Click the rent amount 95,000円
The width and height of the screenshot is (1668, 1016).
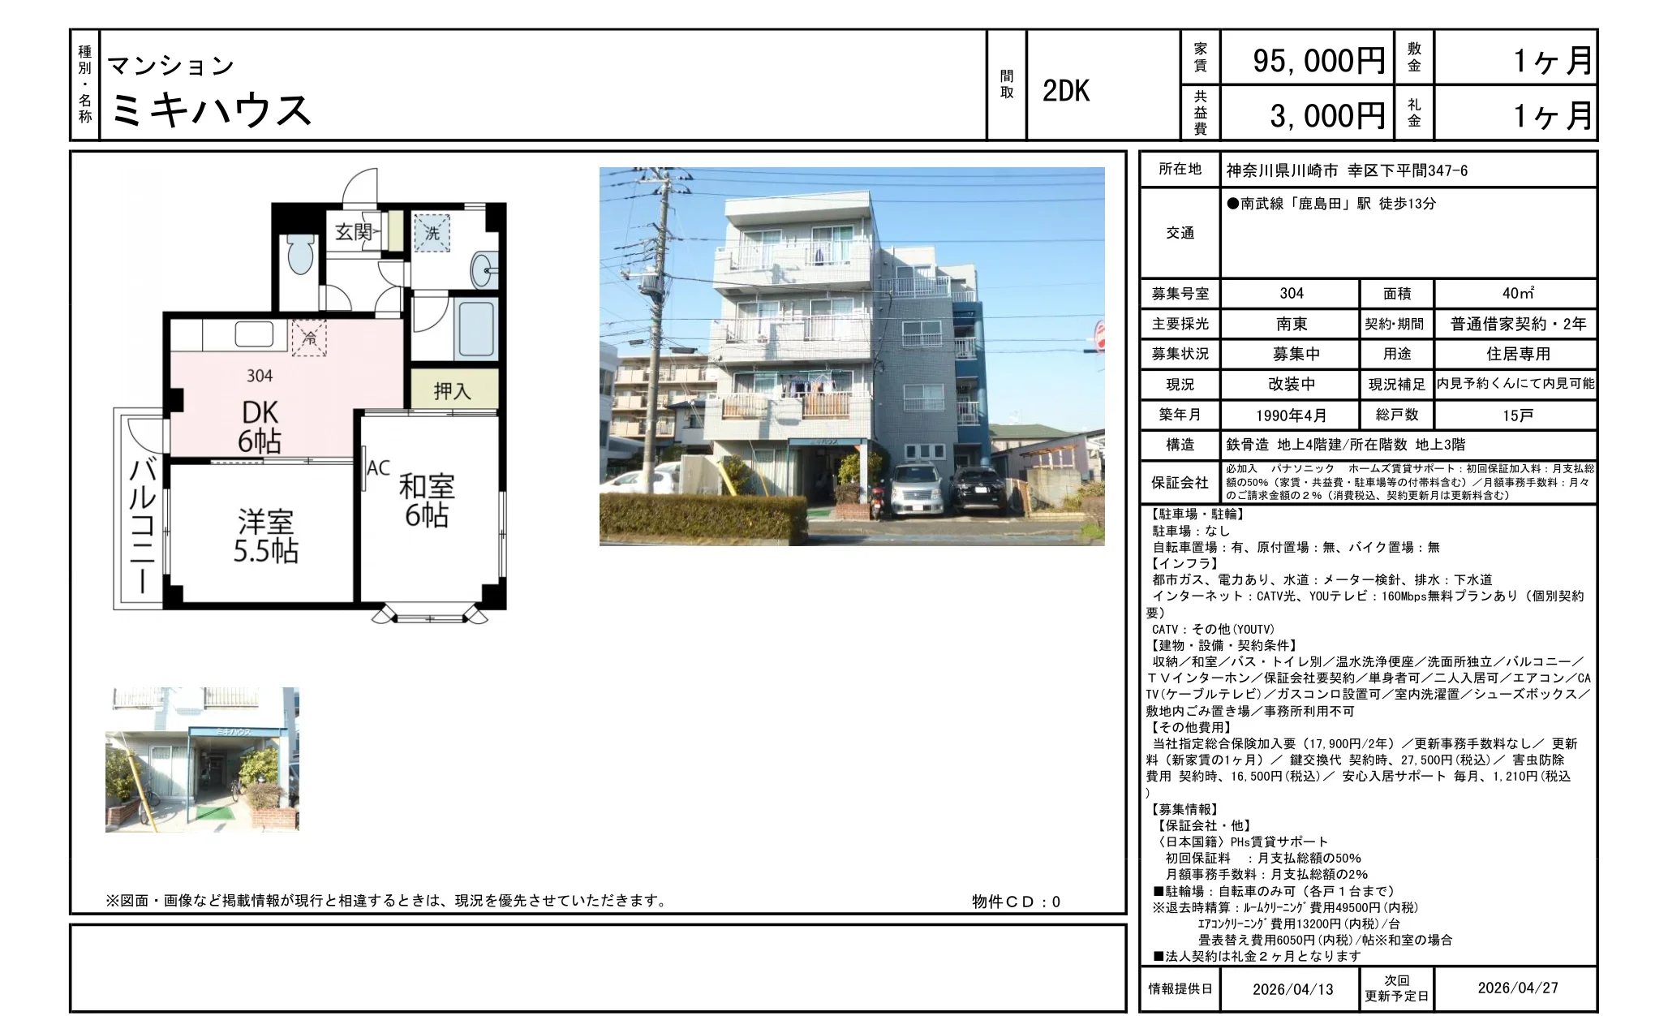[x=1318, y=61]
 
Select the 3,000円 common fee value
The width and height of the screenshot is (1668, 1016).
[x=1327, y=116]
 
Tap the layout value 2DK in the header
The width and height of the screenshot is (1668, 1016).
[x=1066, y=92]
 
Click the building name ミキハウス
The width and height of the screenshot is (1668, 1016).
[x=210, y=110]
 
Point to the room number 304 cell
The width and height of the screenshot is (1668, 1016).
[x=1292, y=293]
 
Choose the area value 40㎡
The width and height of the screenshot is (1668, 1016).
[x=1517, y=293]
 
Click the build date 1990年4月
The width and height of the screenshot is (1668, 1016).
[x=1292, y=415]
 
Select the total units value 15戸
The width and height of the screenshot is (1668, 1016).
[x=1517, y=415]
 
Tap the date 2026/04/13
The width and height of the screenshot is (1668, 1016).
[x=1292, y=988]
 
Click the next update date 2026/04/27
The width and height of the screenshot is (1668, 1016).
[x=1518, y=988]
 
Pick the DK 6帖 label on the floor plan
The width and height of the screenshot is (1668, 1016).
[x=260, y=427]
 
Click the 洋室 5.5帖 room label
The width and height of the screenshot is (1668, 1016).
[x=266, y=536]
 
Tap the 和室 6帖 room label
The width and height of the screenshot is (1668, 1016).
[x=427, y=501]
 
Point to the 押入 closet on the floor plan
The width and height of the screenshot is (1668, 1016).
[x=452, y=390]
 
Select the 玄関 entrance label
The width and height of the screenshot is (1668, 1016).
[x=354, y=232]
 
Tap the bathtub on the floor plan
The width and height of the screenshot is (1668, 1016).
[x=475, y=329]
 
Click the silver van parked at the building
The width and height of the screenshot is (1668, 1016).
[x=917, y=489]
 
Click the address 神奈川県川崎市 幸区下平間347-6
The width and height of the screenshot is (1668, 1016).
[x=1347, y=170]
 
